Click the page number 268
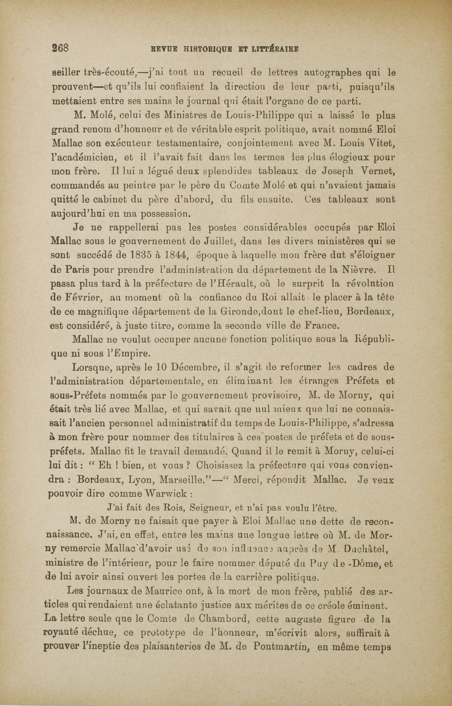pos(62,48)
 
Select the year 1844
pos(177,255)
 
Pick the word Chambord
pos(211,619)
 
